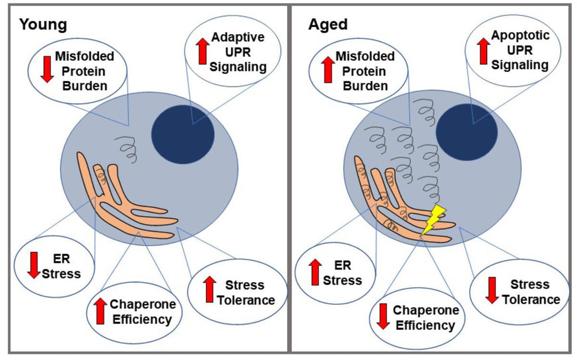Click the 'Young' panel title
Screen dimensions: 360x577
(x=43, y=25)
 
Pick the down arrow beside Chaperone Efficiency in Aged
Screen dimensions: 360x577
(x=383, y=316)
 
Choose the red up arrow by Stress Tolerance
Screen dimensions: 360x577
(x=210, y=290)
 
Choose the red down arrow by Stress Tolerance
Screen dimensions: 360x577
(x=491, y=290)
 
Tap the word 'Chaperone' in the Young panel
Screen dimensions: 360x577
(x=143, y=304)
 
